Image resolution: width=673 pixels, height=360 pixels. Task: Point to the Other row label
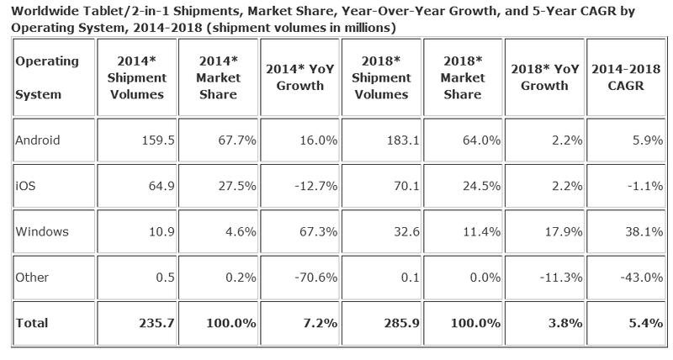click(x=33, y=278)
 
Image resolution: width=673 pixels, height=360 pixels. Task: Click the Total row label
click(x=32, y=323)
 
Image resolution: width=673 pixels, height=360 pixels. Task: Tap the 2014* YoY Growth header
click(x=302, y=77)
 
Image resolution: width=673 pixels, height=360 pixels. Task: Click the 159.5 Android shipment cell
click(x=158, y=141)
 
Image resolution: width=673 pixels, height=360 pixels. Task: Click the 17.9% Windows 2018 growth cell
click(x=563, y=231)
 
